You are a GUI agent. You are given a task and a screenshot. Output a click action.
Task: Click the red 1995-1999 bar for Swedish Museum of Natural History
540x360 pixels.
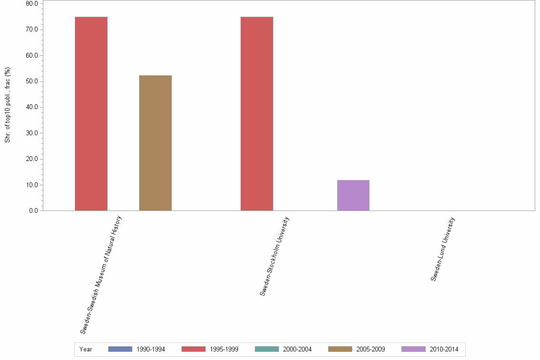(91, 113)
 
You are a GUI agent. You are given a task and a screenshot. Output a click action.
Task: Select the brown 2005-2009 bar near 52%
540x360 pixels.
(155, 143)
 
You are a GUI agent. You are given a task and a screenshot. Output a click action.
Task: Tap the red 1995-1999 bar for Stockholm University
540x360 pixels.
(257, 113)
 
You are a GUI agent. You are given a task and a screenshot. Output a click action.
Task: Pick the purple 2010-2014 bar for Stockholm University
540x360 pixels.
(353, 195)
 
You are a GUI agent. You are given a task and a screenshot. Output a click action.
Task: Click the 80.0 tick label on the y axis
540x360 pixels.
(32, 4)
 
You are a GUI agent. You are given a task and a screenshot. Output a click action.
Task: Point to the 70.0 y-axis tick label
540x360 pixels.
(32, 30)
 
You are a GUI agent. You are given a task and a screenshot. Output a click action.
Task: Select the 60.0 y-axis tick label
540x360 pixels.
(32, 55)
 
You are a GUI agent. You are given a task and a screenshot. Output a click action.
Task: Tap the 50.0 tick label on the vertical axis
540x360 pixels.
(32, 81)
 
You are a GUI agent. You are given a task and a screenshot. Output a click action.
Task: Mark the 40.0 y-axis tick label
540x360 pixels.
(32, 107)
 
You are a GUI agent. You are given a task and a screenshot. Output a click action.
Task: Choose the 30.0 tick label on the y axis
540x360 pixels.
(32, 133)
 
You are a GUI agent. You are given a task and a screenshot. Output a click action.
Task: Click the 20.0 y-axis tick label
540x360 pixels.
(32, 159)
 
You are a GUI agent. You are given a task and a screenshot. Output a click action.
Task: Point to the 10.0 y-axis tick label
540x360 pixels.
(32, 185)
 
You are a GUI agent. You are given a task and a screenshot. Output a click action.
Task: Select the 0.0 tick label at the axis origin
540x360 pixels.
(33, 210)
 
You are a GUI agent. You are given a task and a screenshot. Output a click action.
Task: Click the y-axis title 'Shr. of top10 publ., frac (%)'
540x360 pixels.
(8, 105)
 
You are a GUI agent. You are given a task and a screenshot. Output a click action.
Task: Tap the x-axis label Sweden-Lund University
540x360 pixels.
(443, 249)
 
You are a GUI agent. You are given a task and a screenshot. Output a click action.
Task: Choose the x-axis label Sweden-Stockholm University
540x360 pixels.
(275, 256)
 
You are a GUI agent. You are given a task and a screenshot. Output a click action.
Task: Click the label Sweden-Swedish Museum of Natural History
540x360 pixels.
(101, 274)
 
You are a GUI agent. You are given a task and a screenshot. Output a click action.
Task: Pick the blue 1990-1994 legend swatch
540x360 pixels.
(120, 349)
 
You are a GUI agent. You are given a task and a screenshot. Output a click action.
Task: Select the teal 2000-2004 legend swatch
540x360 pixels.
(267, 349)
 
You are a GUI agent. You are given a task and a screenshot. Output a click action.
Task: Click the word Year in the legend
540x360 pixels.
(86, 350)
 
